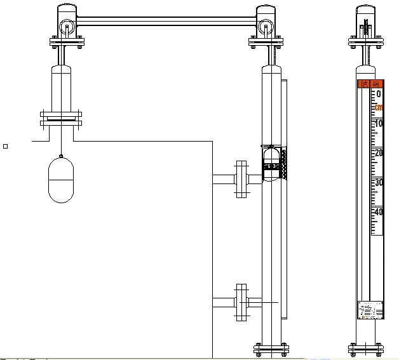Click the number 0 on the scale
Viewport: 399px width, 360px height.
(379, 94)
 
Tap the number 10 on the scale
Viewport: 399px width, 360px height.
(378, 123)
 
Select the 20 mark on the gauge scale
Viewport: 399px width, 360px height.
(378, 152)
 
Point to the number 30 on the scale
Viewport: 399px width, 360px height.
(378, 182)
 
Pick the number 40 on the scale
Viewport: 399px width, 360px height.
(378, 211)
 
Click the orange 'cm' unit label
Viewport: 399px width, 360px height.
(379, 107)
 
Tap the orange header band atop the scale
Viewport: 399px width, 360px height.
(371, 83)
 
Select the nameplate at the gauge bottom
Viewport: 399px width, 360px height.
(371, 309)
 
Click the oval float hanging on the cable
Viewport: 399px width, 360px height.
(61, 180)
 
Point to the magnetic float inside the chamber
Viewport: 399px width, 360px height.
(271, 162)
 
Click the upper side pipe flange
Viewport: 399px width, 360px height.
(241, 179)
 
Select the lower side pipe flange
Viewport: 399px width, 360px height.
(241, 303)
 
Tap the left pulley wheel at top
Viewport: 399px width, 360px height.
(66, 27)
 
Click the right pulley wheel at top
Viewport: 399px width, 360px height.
(266, 27)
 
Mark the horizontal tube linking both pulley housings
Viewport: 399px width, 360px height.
(166, 22)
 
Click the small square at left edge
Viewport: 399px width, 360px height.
(6, 146)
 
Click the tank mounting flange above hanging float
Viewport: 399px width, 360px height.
(61, 117)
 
